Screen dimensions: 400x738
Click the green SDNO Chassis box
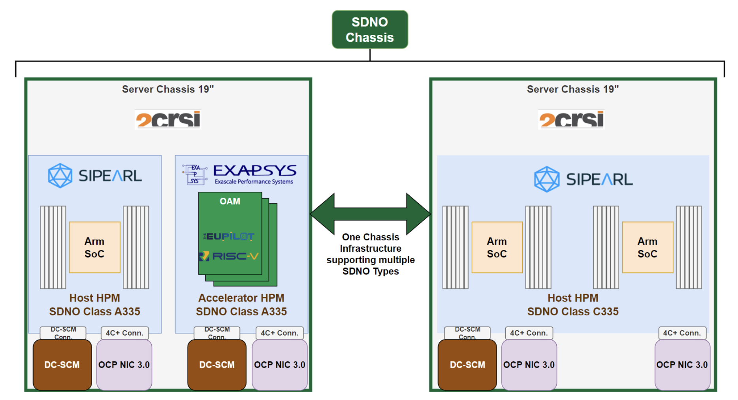[370, 30]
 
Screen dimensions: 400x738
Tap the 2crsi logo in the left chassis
[168, 119]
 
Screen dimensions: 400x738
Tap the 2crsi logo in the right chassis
[572, 119]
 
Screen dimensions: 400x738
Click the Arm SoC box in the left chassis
[95, 247]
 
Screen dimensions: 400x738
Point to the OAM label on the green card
[230, 202]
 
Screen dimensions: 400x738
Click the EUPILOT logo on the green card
[229, 236]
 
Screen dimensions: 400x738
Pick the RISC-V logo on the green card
[229, 257]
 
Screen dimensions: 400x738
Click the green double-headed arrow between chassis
[370, 214]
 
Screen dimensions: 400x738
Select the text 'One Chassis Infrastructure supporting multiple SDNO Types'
[371, 254]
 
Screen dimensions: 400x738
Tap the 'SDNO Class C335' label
[573, 311]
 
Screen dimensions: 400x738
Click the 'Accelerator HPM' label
[241, 298]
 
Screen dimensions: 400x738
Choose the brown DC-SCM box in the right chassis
[467, 365]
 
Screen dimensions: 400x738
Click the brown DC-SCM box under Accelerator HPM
[217, 365]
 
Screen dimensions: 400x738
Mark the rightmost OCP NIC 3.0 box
[682, 365]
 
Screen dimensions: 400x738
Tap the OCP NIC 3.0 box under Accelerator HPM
[280, 365]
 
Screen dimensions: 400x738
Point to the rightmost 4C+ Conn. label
[682, 333]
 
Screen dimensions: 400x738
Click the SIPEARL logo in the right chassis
[584, 179]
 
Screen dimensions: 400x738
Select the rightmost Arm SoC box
[648, 247]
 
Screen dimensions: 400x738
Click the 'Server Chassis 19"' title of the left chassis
[168, 89]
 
